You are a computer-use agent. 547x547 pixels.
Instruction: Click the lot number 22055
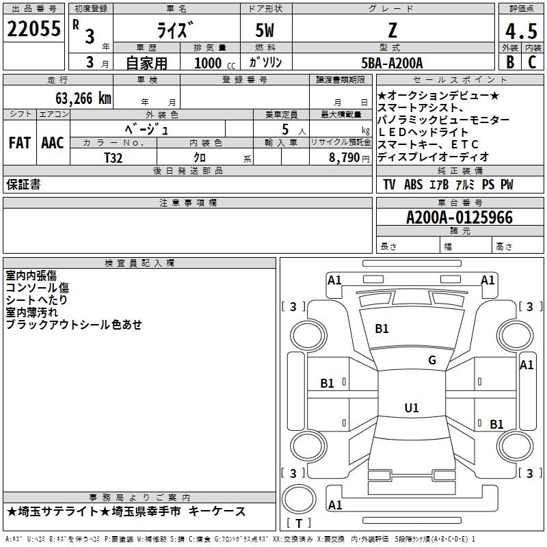coord(34,29)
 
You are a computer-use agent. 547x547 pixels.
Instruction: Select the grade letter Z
coord(392,30)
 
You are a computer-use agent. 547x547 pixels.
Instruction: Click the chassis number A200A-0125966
coord(459,218)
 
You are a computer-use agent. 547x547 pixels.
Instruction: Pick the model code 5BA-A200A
coord(392,63)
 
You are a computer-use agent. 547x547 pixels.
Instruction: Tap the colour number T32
coord(114,157)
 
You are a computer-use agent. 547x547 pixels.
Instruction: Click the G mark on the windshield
coord(432,360)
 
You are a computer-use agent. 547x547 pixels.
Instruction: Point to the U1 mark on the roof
coord(411,408)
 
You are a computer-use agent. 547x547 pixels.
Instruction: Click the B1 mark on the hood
coord(382,329)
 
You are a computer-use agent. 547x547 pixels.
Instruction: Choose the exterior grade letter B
coord(509,62)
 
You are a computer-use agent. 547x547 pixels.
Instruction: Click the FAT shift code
coord(19,143)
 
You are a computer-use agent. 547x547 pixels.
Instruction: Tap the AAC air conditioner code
coord(53,143)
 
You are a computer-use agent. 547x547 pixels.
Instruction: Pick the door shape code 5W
coord(266,30)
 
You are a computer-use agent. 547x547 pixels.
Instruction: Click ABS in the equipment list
coord(413,185)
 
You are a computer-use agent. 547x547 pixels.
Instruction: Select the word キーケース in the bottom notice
coord(217,511)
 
